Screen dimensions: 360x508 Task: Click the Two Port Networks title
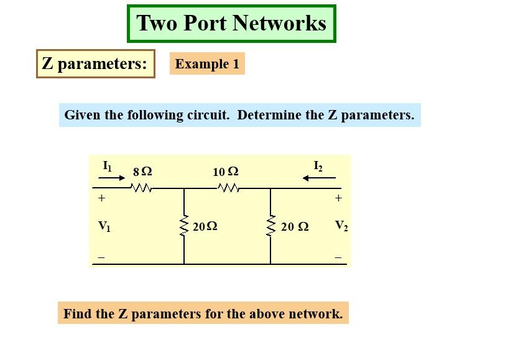[x=231, y=24]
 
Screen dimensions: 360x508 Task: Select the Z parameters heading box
[x=95, y=63]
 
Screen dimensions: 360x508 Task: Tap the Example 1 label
[x=207, y=63]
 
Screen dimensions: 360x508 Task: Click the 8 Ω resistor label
[x=142, y=171]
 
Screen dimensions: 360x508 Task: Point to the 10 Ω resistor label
[x=225, y=171]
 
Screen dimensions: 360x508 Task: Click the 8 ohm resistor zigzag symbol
[x=142, y=188]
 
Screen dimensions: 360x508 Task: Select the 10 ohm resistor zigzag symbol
[x=228, y=188]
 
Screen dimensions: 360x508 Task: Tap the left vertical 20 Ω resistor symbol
[x=184, y=226]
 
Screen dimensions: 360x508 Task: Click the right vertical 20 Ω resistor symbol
[x=270, y=226]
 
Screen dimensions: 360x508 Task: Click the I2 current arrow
[x=319, y=178]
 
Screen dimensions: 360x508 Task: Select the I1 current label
[x=108, y=166]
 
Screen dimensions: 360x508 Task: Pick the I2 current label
[x=318, y=166]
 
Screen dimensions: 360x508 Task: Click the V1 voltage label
[x=104, y=226]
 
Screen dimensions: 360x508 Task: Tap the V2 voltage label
[x=341, y=226]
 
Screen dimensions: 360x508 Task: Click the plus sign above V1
[x=101, y=199]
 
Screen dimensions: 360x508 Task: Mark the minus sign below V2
[x=338, y=257]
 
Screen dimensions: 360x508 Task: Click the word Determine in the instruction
[x=268, y=115]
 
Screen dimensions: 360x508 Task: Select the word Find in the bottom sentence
[x=78, y=313]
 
